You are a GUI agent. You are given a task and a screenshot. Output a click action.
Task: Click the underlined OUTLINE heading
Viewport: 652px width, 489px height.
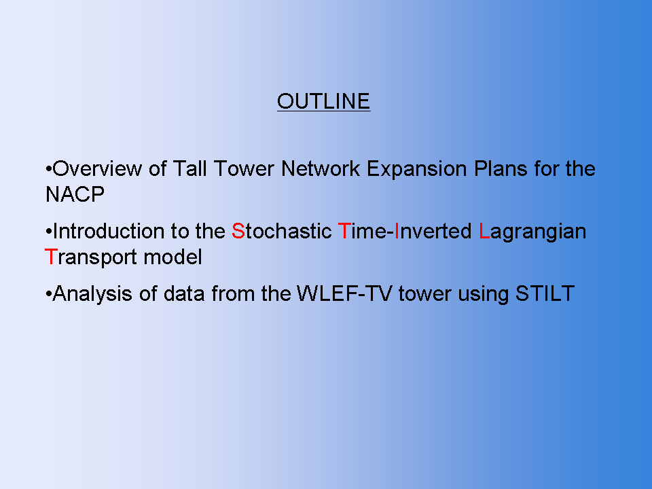point(323,101)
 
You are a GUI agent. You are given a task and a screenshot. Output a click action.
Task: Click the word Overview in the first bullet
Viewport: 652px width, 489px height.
point(97,169)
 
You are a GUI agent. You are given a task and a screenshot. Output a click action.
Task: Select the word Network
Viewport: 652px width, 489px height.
point(320,169)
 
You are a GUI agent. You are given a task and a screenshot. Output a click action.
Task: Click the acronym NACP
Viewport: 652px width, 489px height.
point(75,194)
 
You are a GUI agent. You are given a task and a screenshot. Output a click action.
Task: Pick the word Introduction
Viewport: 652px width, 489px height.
point(109,231)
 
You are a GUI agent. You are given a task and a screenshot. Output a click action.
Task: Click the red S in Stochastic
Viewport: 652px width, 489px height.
point(238,231)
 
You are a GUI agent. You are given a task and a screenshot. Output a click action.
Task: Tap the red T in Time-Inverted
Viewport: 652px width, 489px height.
point(344,231)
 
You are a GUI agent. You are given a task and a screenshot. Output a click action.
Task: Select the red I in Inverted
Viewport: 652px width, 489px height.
point(397,231)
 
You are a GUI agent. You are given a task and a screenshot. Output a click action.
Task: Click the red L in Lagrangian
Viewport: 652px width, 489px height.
point(484,231)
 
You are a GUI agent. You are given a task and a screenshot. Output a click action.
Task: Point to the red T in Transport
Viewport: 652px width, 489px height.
point(50,257)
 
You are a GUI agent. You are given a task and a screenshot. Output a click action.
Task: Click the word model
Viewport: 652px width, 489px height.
point(173,257)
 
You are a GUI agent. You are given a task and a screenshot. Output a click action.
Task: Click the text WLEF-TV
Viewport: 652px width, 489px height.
point(344,294)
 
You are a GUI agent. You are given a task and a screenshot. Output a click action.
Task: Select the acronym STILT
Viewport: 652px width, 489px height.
point(545,294)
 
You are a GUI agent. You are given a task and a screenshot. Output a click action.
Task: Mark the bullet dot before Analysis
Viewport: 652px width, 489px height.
point(49,294)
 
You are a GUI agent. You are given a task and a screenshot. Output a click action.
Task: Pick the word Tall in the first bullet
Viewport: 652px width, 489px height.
point(189,169)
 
